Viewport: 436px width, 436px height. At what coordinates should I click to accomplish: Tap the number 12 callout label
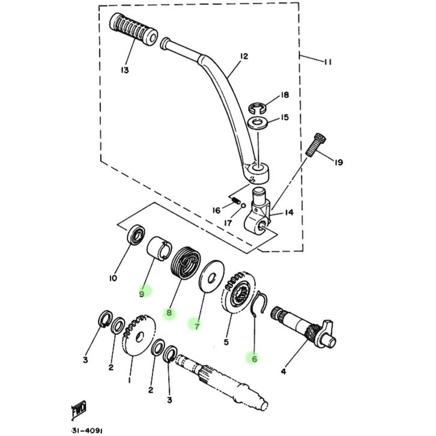[244, 56]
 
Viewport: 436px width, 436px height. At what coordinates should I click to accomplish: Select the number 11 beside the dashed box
[327, 62]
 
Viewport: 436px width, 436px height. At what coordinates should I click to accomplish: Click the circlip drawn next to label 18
[257, 108]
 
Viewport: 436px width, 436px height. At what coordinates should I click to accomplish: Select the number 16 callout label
[216, 210]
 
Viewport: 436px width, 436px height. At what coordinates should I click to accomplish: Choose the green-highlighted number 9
[142, 294]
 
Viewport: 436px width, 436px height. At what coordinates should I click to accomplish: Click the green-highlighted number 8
[170, 313]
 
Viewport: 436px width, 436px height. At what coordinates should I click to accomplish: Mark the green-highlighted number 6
[254, 359]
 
